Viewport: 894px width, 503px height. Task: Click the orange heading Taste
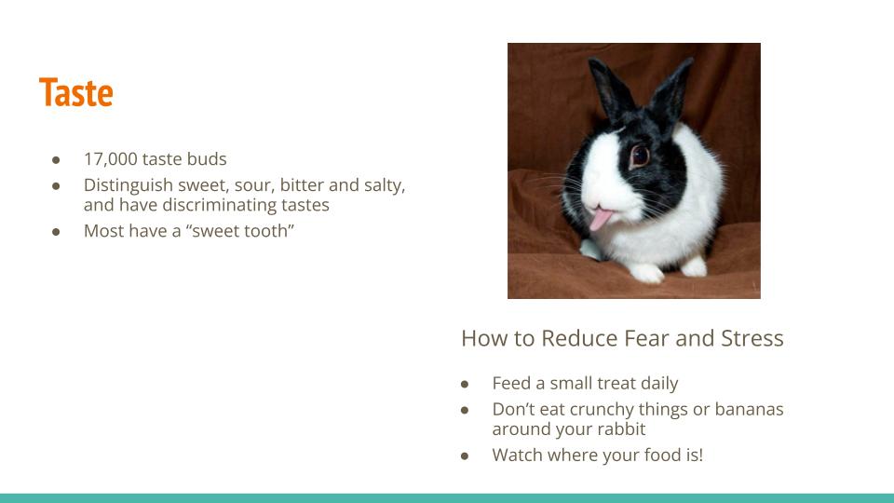pos(75,92)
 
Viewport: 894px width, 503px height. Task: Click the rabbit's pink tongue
pos(599,219)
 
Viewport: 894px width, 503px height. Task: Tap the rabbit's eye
pos(640,156)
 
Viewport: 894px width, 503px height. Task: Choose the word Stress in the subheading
pos(752,338)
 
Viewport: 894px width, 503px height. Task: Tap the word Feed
pos(511,383)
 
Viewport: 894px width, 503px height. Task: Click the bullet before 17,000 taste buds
pos(56,159)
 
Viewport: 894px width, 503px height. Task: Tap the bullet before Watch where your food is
pos(465,455)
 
